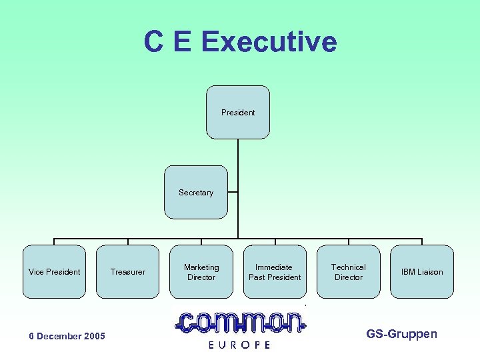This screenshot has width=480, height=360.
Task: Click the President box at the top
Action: (238, 112)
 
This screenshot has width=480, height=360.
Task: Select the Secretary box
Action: (196, 192)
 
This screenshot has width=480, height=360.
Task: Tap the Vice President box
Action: (55, 271)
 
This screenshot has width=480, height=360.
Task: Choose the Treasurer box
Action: (128, 271)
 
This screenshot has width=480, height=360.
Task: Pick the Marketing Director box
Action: (201, 271)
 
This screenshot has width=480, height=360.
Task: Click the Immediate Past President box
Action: (275, 271)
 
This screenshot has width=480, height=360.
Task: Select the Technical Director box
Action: (348, 271)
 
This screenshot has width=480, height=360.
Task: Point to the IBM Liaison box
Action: (421, 271)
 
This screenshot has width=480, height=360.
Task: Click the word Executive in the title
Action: (269, 42)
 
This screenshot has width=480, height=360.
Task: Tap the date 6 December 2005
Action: (67, 336)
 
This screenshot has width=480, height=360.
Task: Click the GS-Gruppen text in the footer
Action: (401, 333)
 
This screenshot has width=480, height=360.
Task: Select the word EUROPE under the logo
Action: (239, 345)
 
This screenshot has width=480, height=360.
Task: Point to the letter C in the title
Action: (153, 42)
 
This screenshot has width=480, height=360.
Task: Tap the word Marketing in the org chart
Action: (201, 267)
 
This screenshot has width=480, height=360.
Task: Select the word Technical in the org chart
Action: (348, 267)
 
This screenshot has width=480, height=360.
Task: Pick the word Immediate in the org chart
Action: (274, 267)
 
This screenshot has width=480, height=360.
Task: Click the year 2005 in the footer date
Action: (94, 336)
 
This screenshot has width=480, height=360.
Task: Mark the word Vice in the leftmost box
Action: (37, 272)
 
